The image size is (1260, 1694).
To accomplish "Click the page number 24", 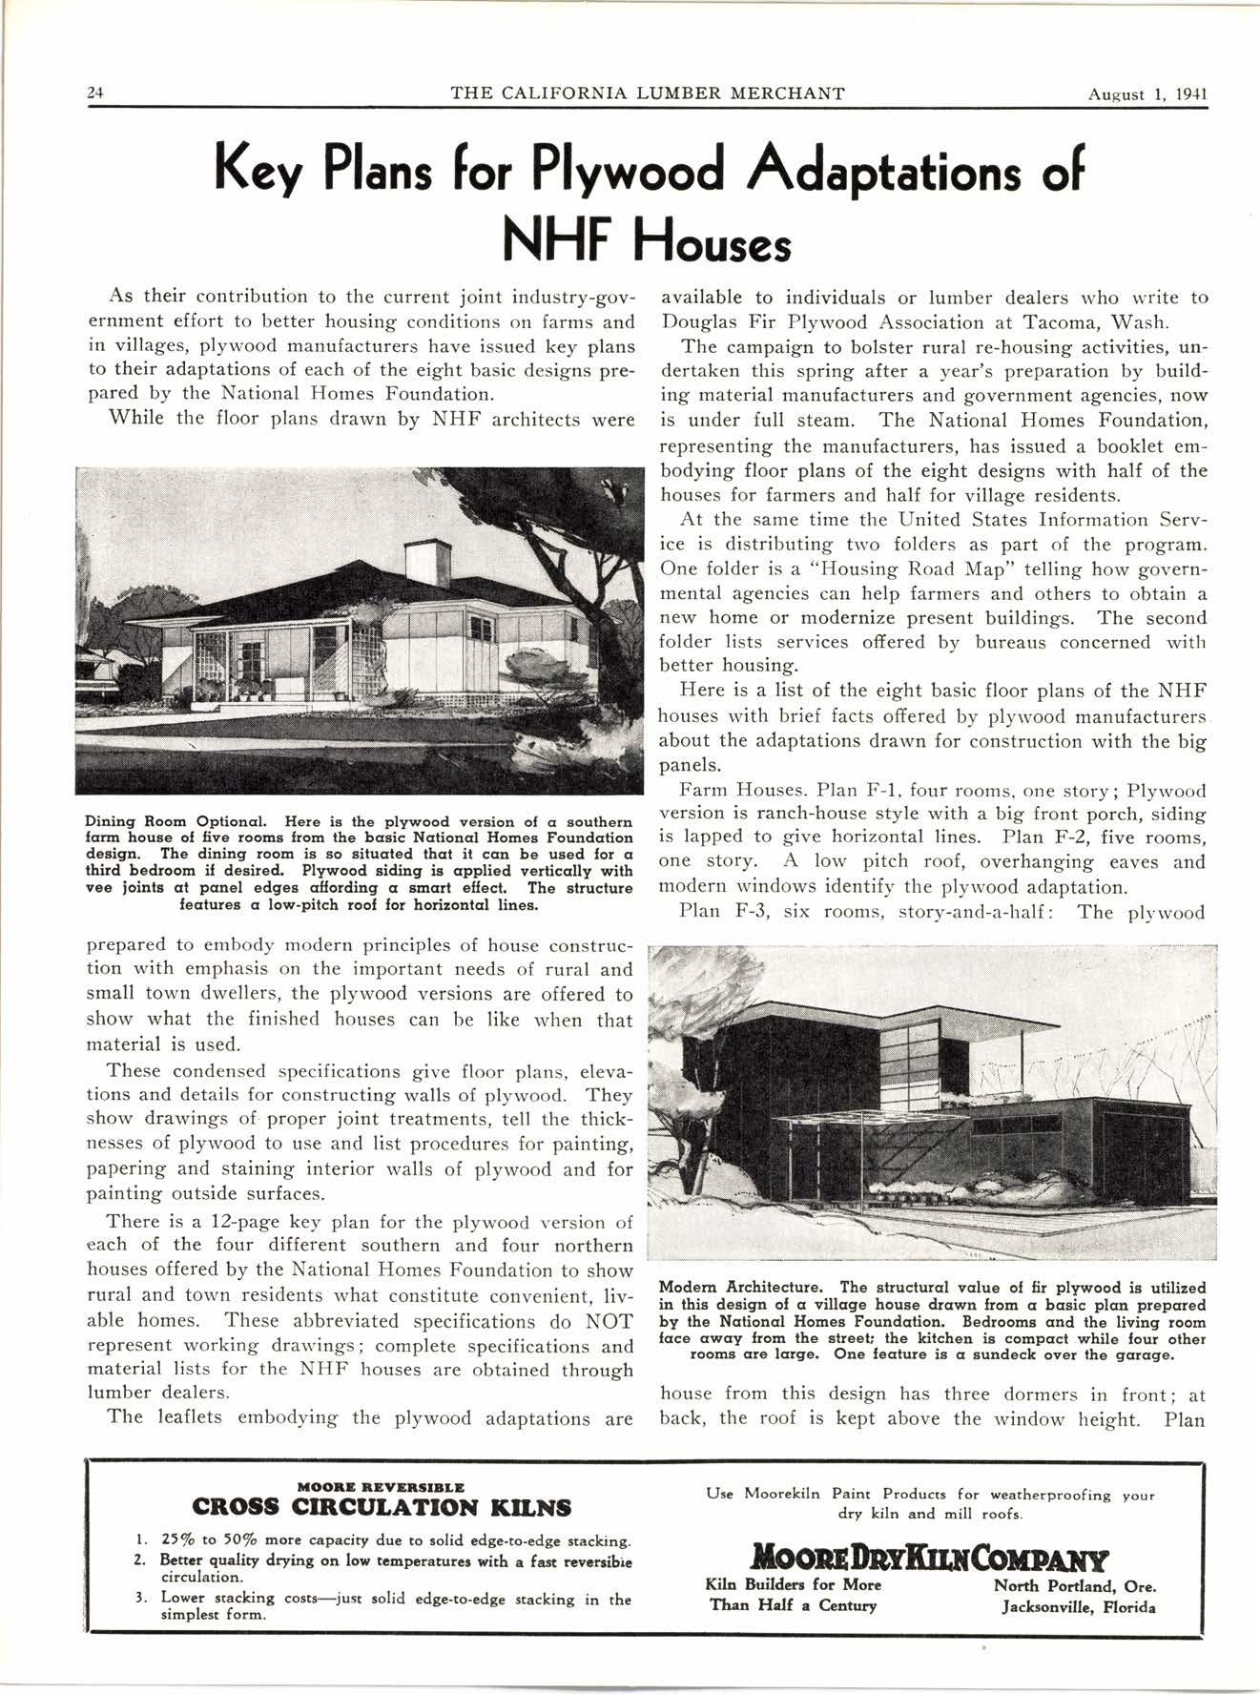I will (94, 93).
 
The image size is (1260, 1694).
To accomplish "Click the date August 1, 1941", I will (1148, 93).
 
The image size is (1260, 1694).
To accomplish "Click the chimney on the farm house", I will (426, 562).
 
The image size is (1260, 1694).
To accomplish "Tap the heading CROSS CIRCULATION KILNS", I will (382, 1507).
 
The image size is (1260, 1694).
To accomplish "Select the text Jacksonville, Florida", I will (1078, 1607).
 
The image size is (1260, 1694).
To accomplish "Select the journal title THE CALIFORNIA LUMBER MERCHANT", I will (647, 93).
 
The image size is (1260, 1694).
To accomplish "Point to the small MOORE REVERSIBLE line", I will (382, 1486).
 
